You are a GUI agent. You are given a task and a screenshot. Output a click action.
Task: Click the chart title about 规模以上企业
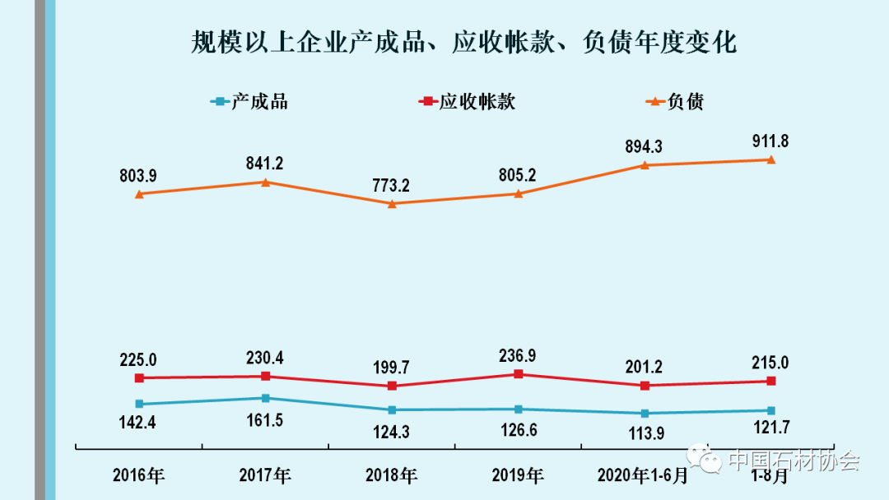point(463,41)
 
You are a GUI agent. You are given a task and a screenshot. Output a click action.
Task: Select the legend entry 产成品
point(250,102)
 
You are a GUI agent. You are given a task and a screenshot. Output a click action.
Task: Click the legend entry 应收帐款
point(468,102)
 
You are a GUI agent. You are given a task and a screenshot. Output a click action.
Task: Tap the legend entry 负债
point(675,102)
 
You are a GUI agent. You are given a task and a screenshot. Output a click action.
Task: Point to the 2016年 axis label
point(139,475)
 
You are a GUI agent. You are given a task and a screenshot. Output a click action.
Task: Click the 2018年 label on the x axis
point(391,475)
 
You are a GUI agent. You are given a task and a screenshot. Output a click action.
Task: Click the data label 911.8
point(770,141)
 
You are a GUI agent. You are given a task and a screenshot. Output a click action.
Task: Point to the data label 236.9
point(518,356)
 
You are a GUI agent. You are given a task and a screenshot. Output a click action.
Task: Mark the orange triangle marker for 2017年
point(265,182)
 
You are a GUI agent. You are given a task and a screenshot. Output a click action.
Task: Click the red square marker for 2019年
point(518,374)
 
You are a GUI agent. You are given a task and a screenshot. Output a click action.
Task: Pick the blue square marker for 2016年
point(139,404)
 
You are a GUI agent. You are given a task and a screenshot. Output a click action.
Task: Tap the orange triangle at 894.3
point(645,164)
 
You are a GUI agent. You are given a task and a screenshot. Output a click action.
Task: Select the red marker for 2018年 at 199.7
point(392,386)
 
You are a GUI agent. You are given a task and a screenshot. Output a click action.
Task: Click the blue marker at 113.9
point(645,413)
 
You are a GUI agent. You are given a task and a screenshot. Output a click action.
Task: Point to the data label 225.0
point(139,359)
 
